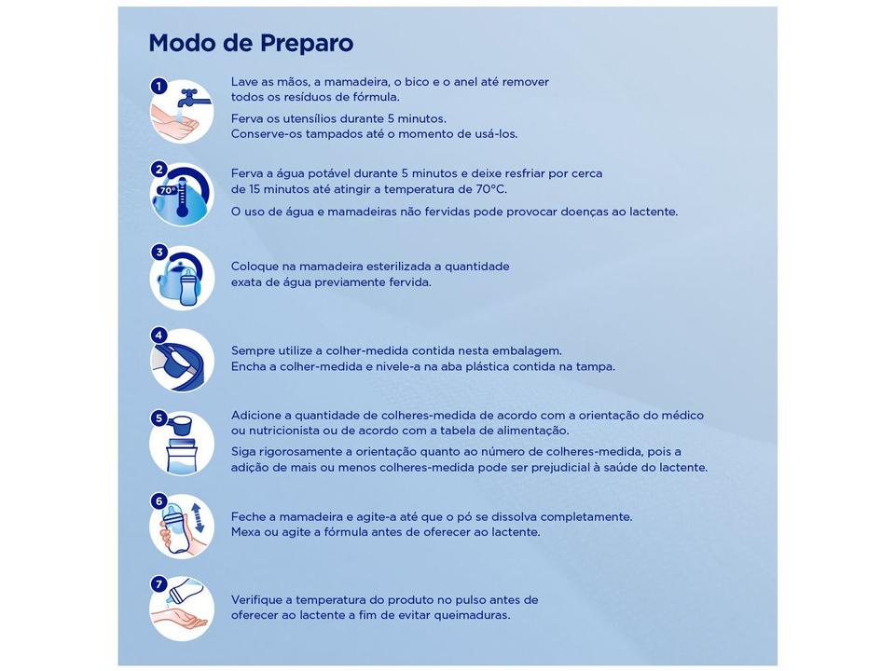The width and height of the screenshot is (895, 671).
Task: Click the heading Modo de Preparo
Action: [x=251, y=43]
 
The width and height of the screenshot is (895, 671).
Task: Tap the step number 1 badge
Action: [x=159, y=87]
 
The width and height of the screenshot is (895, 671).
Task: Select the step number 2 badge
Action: [x=159, y=170]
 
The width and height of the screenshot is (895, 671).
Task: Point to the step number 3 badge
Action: [x=159, y=252]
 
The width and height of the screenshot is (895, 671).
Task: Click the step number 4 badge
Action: [x=159, y=335]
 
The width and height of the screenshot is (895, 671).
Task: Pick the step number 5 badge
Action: [x=159, y=418]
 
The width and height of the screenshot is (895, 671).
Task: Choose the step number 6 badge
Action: [x=159, y=500]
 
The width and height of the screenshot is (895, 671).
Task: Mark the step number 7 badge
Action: [x=159, y=584]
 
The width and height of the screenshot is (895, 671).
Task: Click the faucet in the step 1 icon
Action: [x=190, y=96]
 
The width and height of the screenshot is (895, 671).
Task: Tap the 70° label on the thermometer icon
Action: [x=166, y=190]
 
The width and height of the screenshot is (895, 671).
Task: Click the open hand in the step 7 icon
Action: [x=183, y=619]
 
